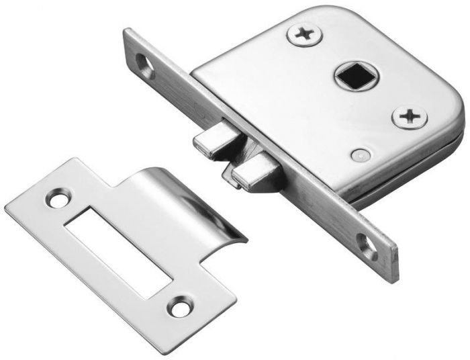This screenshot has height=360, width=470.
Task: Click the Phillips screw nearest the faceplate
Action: point(304,34)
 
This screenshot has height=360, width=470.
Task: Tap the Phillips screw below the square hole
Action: point(409,118)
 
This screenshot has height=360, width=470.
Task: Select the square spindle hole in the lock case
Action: point(353,76)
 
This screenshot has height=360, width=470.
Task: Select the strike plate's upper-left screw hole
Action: point(57,199)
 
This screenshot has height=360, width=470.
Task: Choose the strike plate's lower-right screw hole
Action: point(179,308)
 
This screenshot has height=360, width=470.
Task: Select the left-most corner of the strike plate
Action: point(7,208)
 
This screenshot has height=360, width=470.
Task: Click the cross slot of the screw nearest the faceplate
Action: point(304,34)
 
